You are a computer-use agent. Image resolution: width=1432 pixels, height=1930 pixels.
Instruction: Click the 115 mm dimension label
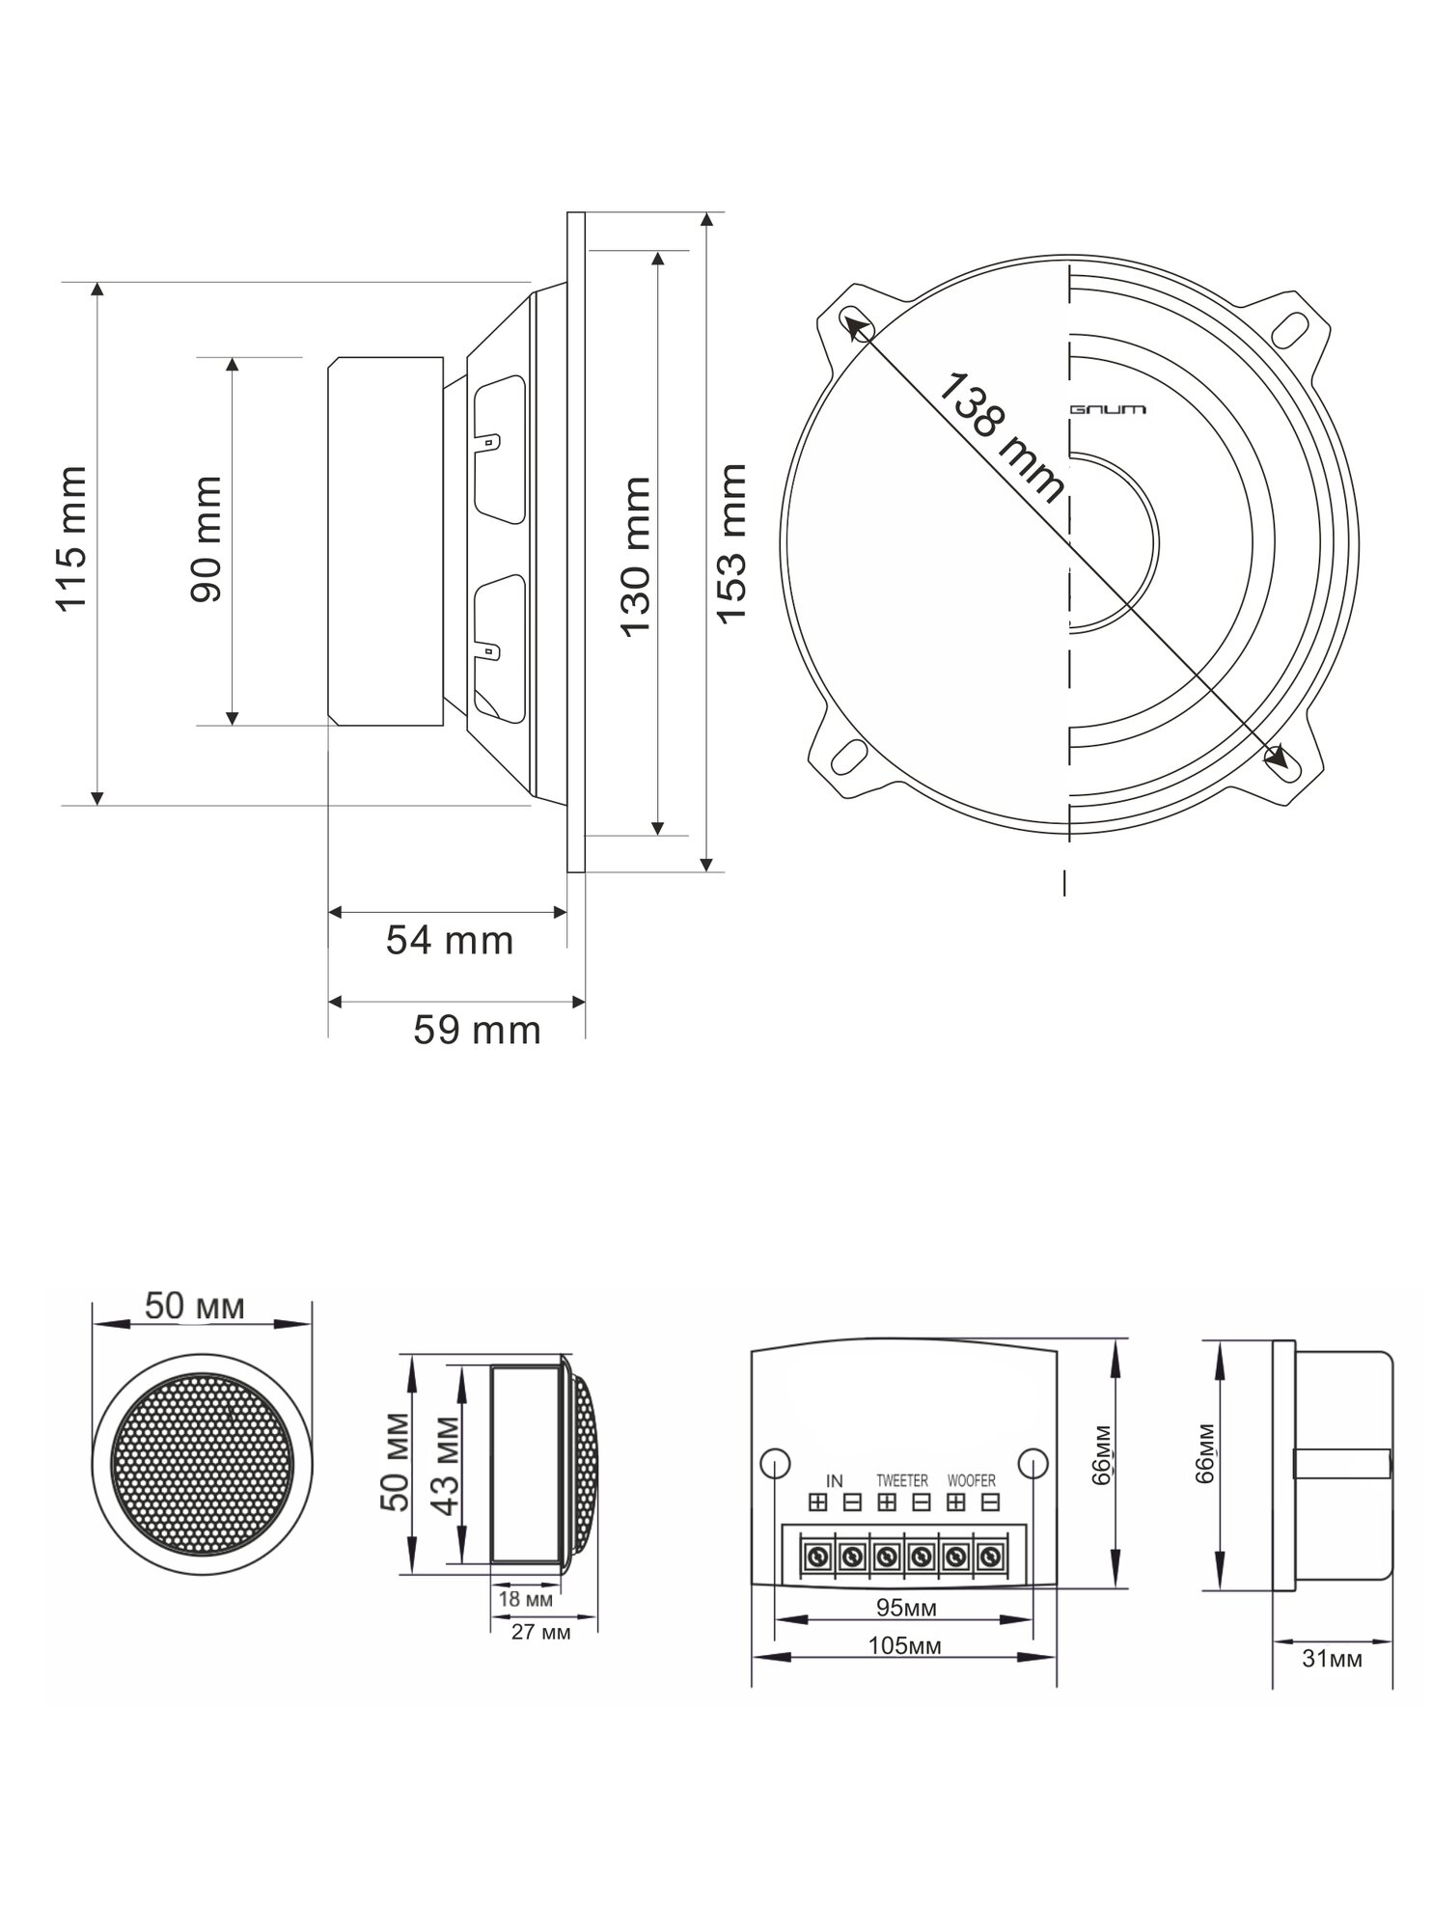click(x=71, y=538)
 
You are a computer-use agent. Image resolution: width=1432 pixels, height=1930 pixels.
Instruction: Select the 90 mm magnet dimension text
click(x=207, y=538)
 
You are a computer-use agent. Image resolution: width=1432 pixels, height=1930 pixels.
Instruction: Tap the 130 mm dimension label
click(x=635, y=556)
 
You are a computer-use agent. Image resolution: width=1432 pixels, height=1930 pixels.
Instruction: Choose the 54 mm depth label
click(x=450, y=940)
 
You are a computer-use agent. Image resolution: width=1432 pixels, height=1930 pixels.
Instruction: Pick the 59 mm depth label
click(x=477, y=1031)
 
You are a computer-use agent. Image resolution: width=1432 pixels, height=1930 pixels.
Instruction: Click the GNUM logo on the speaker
click(x=1109, y=410)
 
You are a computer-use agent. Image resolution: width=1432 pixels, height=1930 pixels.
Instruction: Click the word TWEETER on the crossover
click(x=902, y=1480)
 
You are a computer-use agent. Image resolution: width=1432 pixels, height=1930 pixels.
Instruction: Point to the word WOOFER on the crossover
click(x=972, y=1480)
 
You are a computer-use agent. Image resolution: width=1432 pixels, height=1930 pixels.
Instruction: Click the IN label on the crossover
click(x=835, y=1480)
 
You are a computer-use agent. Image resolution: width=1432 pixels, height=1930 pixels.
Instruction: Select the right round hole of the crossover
click(x=1033, y=1463)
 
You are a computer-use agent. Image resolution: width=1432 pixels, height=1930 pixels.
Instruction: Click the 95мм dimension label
click(x=906, y=1608)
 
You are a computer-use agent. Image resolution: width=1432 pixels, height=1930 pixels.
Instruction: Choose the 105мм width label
click(x=904, y=1645)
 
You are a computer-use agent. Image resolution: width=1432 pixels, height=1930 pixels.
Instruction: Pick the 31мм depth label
click(x=1333, y=1659)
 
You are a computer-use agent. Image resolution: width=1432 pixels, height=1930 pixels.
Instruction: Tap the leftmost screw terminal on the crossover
click(x=817, y=1557)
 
